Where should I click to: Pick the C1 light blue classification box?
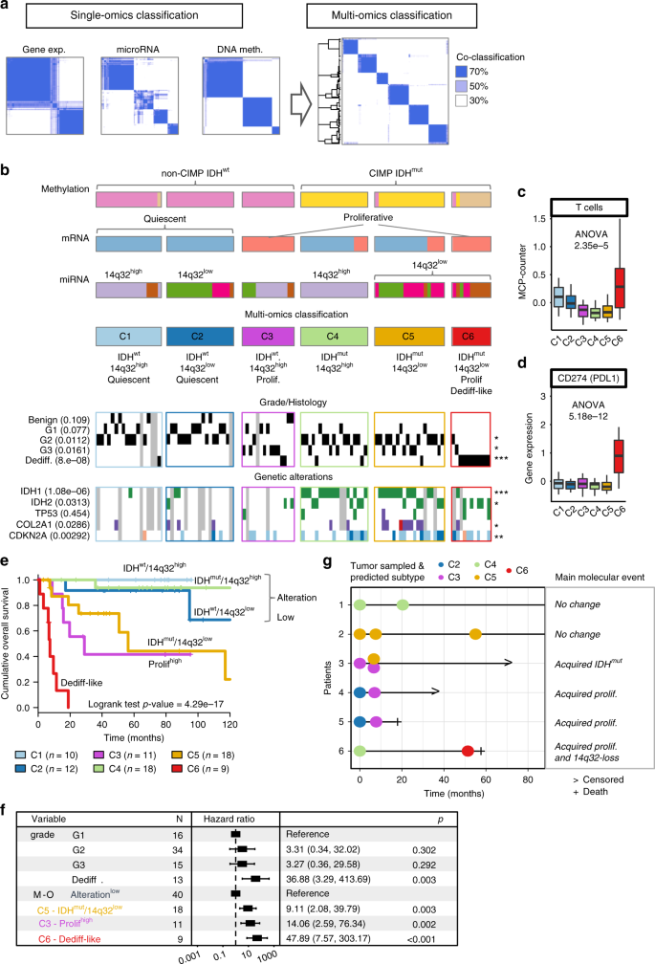(129, 337)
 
